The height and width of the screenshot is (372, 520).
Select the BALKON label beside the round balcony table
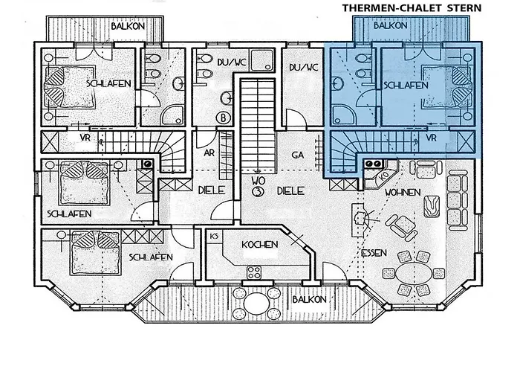tap(308, 300)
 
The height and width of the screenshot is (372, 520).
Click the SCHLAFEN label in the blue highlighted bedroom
tap(406, 86)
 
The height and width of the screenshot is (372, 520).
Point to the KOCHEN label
tap(260, 244)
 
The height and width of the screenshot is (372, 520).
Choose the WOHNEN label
tap(403, 192)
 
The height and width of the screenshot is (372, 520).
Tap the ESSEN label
tap(374, 253)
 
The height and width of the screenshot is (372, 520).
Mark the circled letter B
tap(221, 117)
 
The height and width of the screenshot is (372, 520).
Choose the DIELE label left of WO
tap(212, 190)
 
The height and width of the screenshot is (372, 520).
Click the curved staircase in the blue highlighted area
tap(345, 153)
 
